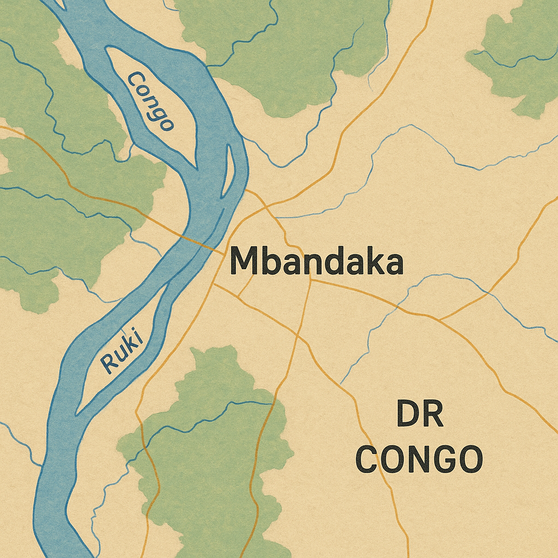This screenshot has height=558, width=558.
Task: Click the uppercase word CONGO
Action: (x=420, y=459)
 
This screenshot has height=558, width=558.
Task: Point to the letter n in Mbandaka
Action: (x=310, y=264)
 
